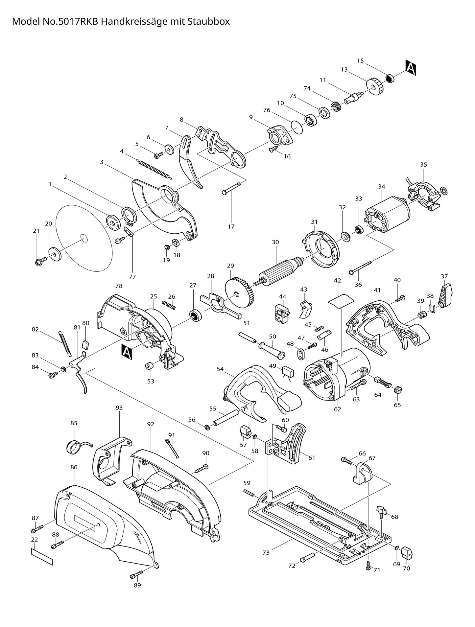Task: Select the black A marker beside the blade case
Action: [x=127, y=351]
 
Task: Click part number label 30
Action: [x=275, y=242]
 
